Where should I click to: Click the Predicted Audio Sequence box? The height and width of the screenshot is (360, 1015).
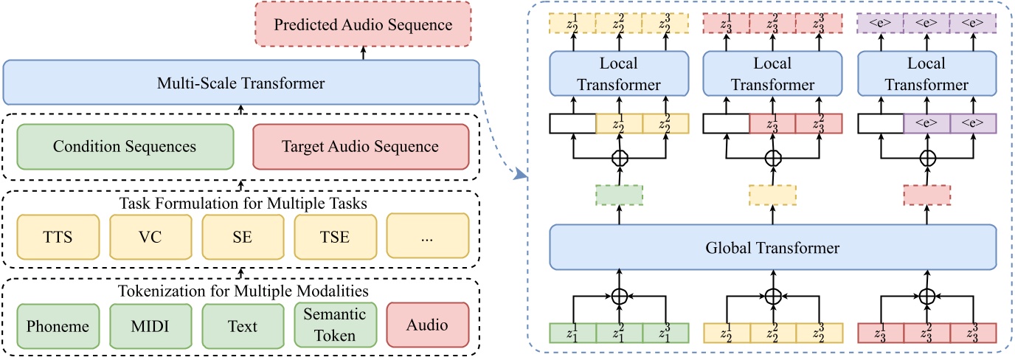(x=363, y=25)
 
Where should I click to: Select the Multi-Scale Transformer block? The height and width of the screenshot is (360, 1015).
(x=240, y=83)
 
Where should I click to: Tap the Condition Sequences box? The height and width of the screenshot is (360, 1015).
(x=125, y=146)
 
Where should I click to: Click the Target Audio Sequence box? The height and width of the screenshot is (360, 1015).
(x=360, y=146)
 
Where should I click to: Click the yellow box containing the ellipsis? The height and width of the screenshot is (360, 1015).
(x=427, y=236)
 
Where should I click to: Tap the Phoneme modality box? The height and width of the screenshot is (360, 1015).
(x=57, y=325)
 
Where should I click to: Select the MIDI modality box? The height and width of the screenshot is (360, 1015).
(x=149, y=325)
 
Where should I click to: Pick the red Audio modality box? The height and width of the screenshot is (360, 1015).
(x=427, y=325)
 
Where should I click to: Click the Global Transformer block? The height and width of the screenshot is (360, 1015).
(x=772, y=248)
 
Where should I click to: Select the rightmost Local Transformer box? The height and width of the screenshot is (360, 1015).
(x=927, y=75)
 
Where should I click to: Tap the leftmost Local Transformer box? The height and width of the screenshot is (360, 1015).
(x=619, y=75)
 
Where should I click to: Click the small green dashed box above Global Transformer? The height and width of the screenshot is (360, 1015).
(x=619, y=195)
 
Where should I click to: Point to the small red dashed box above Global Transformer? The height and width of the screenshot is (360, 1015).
(x=927, y=195)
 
